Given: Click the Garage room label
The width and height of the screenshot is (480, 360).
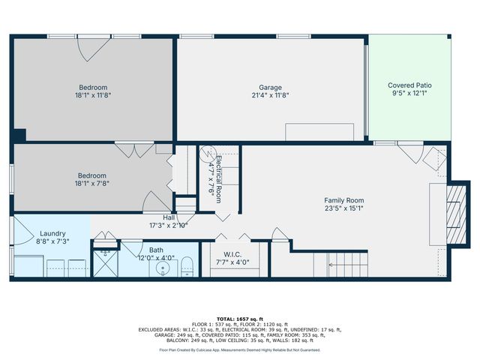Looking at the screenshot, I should click(270, 87).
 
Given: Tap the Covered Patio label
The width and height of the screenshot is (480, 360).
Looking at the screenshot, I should click(409, 85).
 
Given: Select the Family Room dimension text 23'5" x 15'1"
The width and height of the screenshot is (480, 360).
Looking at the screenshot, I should click(343, 209).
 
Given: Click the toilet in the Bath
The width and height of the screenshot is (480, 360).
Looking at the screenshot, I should click(188, 265).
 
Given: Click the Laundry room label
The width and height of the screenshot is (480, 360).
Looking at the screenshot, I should click(52, 233).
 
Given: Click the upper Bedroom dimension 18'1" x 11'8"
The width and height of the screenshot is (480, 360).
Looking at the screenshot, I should click(94, 95).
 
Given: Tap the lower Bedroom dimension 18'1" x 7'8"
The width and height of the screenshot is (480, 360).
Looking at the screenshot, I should click(94, 184).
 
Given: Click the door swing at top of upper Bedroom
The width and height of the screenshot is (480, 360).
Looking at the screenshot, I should click(91, 48).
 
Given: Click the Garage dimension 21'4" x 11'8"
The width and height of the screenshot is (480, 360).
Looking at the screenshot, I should click(270, 95).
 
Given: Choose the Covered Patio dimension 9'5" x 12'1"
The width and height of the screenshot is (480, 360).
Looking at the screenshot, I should click(409, 94).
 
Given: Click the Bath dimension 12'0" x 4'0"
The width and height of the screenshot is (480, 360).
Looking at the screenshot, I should click(157, 258).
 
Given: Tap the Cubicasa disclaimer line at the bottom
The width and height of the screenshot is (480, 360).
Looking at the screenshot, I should click(239, 349).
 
